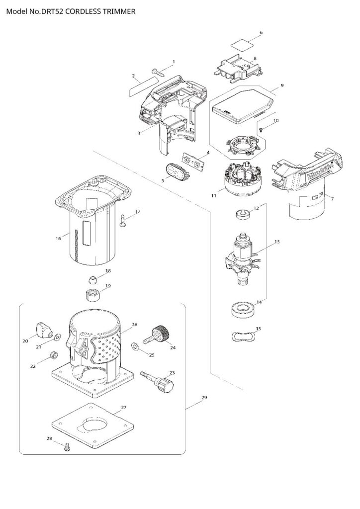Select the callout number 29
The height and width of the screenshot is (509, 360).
[x=204, y=397]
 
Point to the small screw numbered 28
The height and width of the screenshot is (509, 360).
[x=68, y=446]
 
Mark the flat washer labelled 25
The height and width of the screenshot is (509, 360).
[x=136, y=346]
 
